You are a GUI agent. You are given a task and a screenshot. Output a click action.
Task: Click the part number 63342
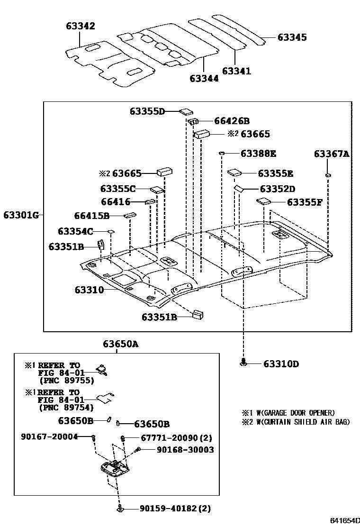point(80,26)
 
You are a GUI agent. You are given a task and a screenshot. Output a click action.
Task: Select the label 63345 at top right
point(292,37)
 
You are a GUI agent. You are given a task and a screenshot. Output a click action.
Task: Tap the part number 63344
point(204,78)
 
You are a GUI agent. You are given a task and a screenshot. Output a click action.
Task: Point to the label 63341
point(236,71)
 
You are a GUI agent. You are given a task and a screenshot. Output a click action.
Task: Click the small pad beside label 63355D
point(185,112)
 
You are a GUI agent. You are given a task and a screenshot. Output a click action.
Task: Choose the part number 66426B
point(232,121)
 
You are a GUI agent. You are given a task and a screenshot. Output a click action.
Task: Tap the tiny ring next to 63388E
point(221,154)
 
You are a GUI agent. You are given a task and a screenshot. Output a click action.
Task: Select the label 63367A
point(331,154)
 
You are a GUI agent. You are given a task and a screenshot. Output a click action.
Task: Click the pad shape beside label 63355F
point(263,201)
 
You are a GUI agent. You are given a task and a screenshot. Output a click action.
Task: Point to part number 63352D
point(277,189)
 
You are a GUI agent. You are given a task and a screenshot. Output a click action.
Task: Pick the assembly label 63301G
point(20,215)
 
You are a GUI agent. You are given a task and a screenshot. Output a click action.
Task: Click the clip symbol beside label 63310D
point(243,363)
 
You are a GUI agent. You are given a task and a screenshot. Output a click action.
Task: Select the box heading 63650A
point(121,345)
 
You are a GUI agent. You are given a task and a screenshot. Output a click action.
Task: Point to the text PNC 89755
point(66,380)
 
